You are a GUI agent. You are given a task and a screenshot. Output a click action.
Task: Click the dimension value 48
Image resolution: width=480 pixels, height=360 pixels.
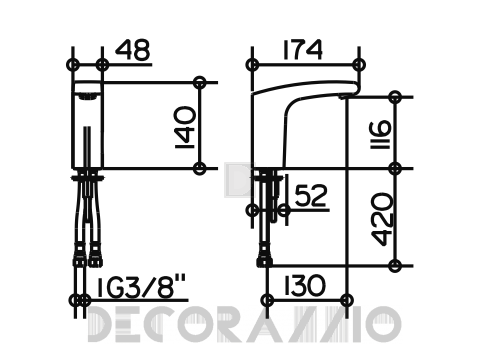click(133, 50)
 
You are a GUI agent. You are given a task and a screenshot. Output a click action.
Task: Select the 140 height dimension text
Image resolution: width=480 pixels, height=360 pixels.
click(184, 128)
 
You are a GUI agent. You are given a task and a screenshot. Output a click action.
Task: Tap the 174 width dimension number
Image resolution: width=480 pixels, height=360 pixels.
click(303, 50)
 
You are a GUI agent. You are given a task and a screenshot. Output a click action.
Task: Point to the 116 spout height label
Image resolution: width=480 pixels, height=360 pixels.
click(381, 134)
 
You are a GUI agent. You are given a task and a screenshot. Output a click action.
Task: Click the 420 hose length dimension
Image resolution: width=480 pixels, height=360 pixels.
click(382, 219)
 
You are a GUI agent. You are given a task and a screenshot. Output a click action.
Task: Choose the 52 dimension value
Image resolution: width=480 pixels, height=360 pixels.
click(311, 196)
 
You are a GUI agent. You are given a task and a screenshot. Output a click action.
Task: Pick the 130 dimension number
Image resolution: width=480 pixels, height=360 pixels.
click(304, 286)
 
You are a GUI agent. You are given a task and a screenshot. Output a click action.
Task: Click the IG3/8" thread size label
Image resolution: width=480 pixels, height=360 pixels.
click(141, 287)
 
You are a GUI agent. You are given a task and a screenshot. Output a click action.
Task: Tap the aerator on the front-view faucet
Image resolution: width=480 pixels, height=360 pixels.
click(87, 96)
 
